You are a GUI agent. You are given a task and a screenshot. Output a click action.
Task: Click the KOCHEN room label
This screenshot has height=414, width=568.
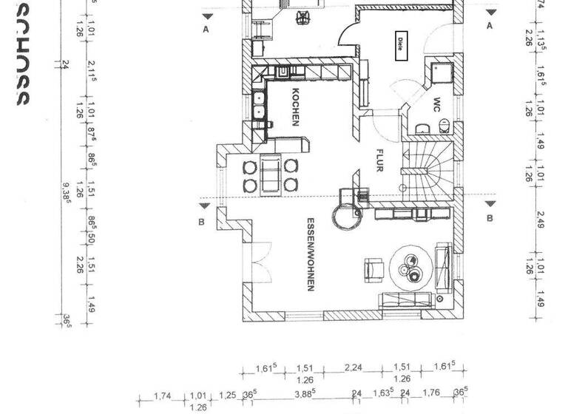pyautogui.click(x=295, y=108)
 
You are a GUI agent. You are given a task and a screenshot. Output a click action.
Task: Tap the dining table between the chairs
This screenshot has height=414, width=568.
pyautogui.click(x=271, y=175)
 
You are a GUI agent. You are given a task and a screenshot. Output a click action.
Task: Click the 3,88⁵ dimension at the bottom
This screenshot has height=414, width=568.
pyautogui.click(x=303, y=395)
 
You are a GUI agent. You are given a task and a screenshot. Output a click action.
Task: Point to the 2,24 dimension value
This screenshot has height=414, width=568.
pyautogui.click(x=353, y=367)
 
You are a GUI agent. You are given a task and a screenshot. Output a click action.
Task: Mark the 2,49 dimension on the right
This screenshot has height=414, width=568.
pyautogui.click(x=539, y=220)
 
